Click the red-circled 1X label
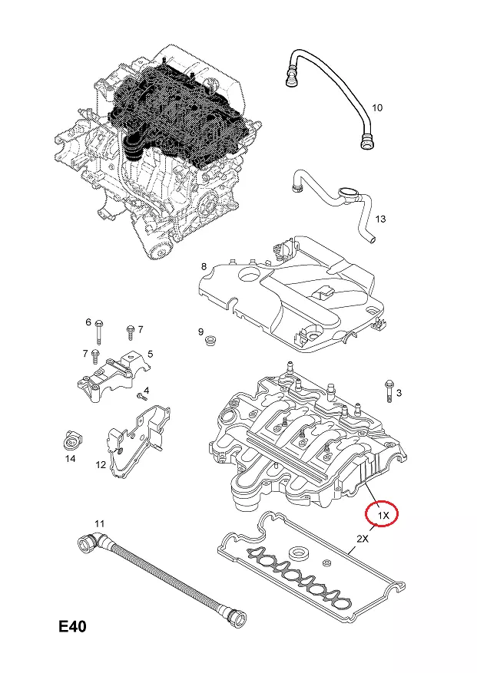382,513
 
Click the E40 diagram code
73,627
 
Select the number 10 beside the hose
376,107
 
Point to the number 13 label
380,220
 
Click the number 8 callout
204,266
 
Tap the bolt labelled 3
388,390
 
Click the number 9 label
200,332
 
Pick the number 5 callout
151,354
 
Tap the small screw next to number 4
141,397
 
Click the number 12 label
101,464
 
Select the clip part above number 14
70,440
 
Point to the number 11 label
98,524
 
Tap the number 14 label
70,459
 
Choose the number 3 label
399,393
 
